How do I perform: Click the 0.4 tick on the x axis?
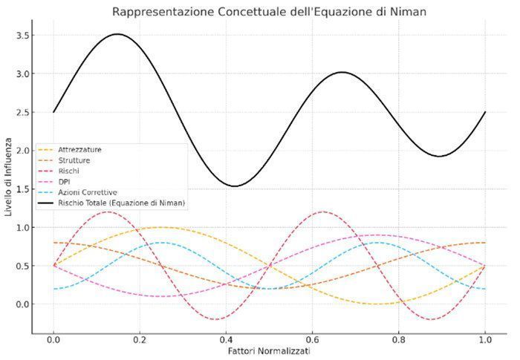(226, 340)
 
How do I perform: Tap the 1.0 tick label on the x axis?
(485, 340)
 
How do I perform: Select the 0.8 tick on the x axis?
(399, 340)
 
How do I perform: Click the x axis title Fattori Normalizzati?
(269, 351)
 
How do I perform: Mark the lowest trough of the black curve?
(234, 186)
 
